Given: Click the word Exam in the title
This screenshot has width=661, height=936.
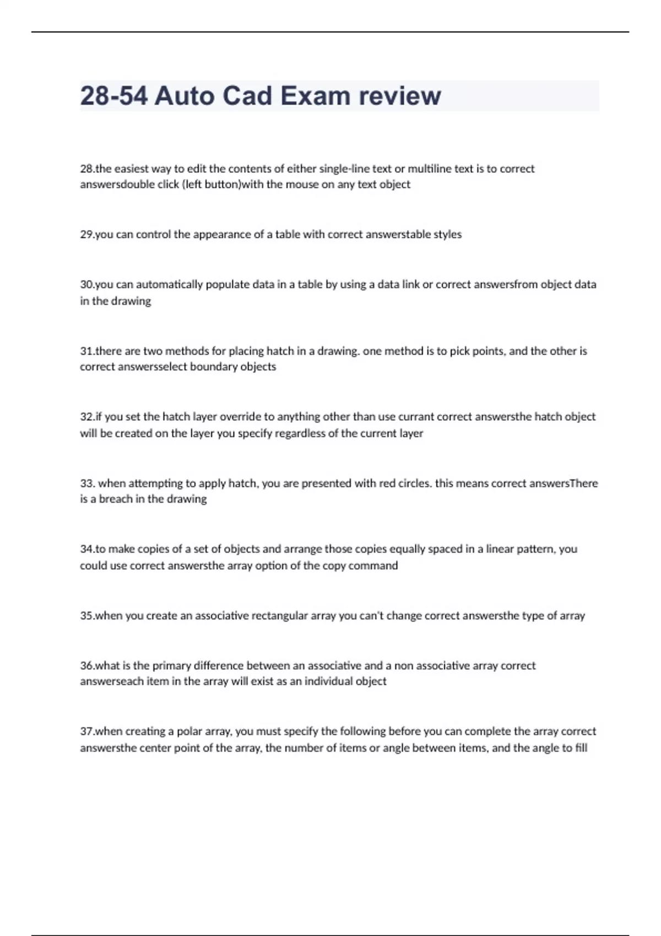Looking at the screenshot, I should coord(316,96).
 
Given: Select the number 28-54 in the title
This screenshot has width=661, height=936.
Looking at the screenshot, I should coord(114,96).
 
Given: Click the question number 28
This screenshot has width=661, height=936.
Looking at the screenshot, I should coord(87,168).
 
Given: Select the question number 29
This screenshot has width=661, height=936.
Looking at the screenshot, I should coord(87,234).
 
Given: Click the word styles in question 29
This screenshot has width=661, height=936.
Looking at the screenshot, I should coord(447,234).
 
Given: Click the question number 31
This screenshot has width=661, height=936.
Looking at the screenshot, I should coord(87,351).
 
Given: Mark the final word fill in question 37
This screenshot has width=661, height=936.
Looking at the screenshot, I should coord(581,748).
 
